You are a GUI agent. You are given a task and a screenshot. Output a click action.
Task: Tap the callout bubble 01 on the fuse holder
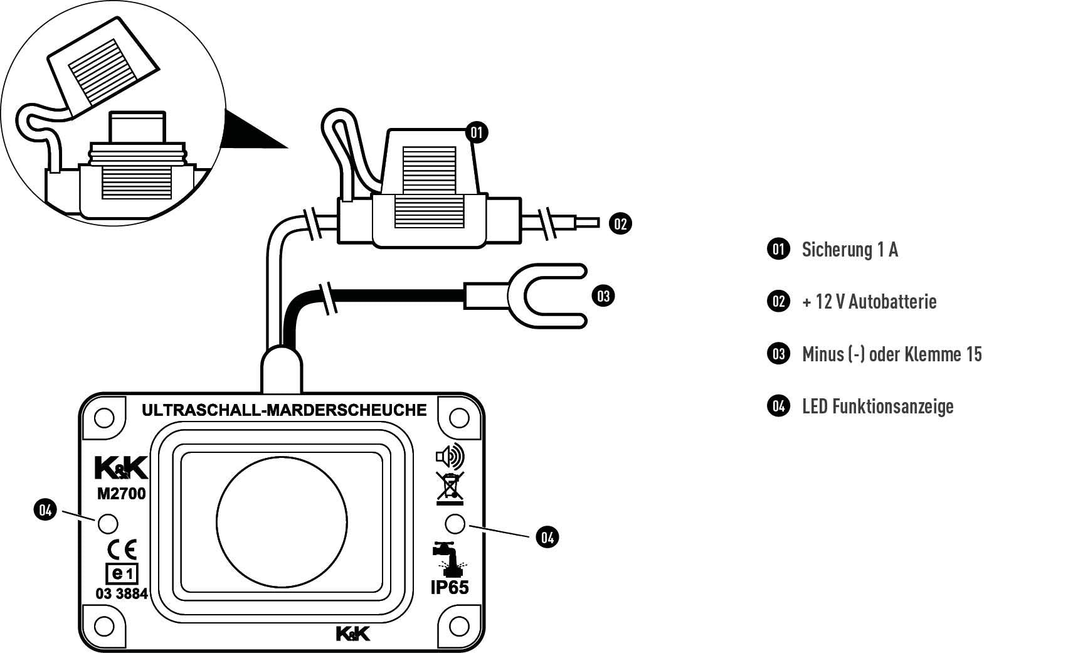coord(477,132)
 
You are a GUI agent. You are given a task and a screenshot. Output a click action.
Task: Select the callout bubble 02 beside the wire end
coord(620,223)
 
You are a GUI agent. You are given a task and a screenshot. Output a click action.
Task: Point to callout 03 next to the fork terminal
coord(603,295)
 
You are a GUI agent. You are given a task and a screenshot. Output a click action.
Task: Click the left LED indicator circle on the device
coord(108,523)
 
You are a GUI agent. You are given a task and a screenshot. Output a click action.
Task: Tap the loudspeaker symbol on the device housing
coord(450,457)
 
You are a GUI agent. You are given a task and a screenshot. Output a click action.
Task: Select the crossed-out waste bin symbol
coord(450,489)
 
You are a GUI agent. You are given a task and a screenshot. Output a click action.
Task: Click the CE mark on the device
coord(122,549)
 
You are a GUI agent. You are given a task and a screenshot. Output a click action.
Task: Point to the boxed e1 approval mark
coord(121,573)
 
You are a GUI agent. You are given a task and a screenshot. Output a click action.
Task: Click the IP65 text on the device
coord(449,588)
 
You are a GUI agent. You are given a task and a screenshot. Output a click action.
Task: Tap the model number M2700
coord(121,494)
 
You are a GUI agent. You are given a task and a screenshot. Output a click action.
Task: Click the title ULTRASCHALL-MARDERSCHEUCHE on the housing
coord(284,410)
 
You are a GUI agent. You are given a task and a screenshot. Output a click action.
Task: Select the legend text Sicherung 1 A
coord(850,250)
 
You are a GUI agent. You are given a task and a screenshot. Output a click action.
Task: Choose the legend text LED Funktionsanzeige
coord(877,406)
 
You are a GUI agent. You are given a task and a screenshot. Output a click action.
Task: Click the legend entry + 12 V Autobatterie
coord(869,302)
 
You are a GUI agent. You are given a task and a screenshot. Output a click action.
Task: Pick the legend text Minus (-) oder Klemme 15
coord(892,354)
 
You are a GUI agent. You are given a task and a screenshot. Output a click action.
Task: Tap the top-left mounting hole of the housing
coord(104,418)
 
